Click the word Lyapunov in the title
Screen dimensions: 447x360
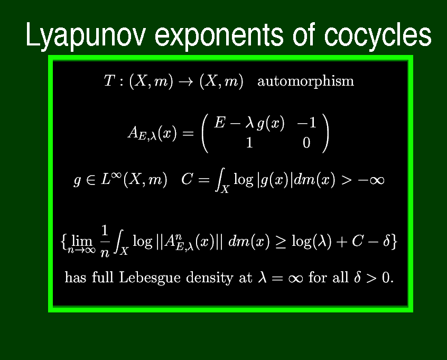click(x=86, y=35)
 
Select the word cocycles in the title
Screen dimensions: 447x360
click(x=377, y=35)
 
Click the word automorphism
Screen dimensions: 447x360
click(x=305, y=81)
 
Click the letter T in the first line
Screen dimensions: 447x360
click(x=109, y=80)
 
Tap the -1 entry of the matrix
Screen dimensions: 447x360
click(x=307, y=123)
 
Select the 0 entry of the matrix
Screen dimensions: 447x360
click(x=306, y=143)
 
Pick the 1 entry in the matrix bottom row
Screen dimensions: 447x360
click(x=249, y=143)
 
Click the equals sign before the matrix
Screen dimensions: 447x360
click(x=188, y=133)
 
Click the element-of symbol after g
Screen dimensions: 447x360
click(x=91, y=181)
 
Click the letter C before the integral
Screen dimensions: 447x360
click(x=187, y=179)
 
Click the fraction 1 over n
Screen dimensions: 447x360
click(x=105, y=241)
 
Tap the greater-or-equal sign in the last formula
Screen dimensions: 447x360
click(x=281, y=243)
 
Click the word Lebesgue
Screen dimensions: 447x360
click(x=150, y=278)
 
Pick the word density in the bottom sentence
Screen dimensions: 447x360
click(x=210, y=278)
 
